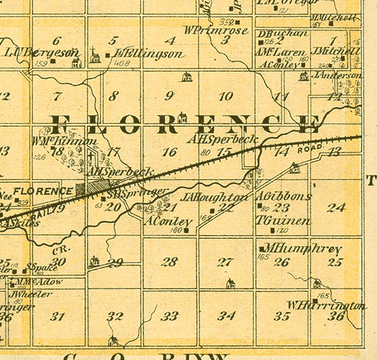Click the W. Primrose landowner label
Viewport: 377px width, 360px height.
[x=216, y=30]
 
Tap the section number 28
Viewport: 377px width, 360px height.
[x=169, y=262]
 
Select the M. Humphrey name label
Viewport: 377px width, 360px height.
[x=303, y=249]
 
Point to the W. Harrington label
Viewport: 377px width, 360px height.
[x=327, y=305]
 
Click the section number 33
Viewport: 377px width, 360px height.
[x=169, y=316]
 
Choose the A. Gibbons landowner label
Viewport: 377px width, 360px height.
[x=283, y=196]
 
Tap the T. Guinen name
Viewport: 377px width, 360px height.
[x=283, y=221]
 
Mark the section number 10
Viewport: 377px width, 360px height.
[x=226, y=96]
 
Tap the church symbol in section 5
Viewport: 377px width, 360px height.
[x=95, y=56]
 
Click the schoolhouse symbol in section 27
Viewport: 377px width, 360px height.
[x=231, y=284]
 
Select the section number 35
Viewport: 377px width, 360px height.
[x=282, y=316]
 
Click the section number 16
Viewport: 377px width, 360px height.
[x=169, y=152]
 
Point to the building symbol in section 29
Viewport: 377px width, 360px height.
[x=93, y=262]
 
